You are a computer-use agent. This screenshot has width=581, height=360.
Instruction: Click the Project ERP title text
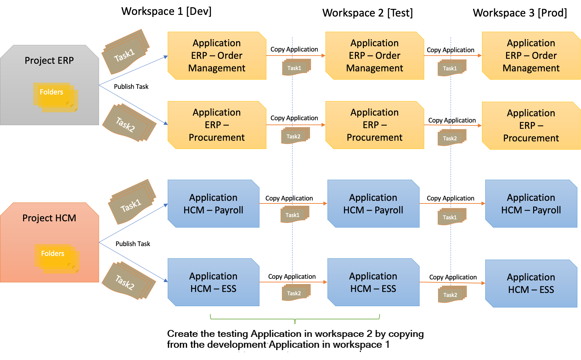coord(49,60)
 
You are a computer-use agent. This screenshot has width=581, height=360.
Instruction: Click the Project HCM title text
coord(49,218)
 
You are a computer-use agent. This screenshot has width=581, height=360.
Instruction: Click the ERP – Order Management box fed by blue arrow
coord(217,55)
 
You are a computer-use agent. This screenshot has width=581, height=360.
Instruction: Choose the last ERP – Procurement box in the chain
coord(531,126)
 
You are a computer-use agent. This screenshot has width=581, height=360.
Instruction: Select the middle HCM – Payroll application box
coord(373,203)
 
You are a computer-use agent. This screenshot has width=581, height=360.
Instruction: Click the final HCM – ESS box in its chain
coord(531,283)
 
